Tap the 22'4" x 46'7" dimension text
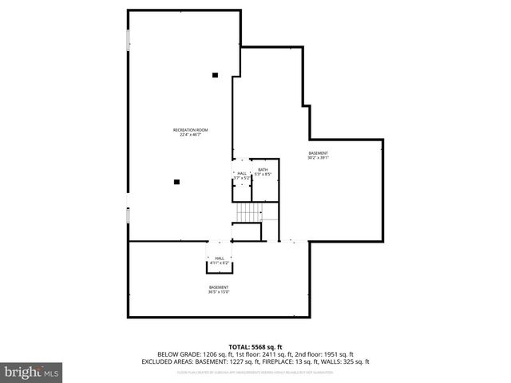[x=190, y=135]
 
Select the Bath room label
[x=263, y=169]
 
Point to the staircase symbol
[x=248, y=212]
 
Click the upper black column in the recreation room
[x=215, y=76]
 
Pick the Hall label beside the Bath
[x=242, y=173]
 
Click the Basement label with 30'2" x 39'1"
[x=319, y=153]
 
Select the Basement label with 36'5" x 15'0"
[x=220, y=287]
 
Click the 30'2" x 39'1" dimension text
[x=319, y=158]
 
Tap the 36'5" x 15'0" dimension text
[x=220, y=292]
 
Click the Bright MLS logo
[x=31, y=372]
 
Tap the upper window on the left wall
[x=128, y=41]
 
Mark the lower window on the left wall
[x=128, y=216]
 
